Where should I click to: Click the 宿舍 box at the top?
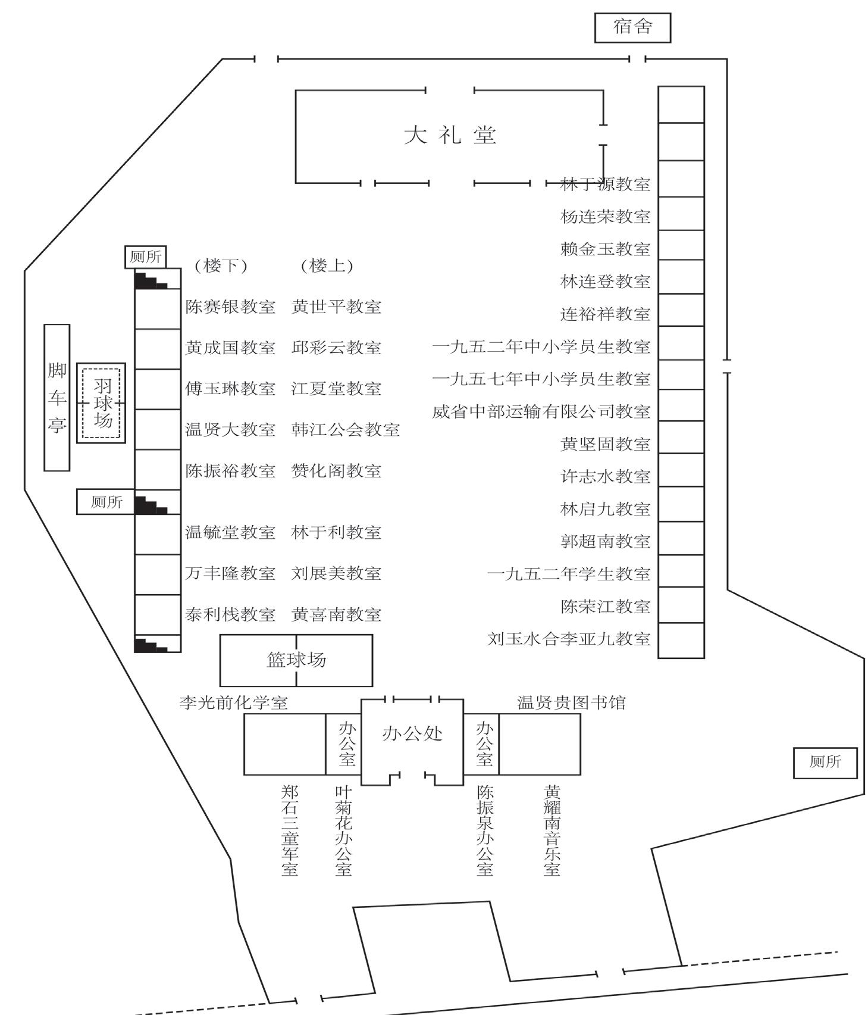[x=632, y=27]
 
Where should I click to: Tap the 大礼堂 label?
[x=450, y=135]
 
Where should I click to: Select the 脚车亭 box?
[x=57, y=397]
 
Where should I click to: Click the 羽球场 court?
[x=102, y=403]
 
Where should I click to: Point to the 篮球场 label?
[x=296, y=660]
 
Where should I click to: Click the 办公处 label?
[x=412, y=733]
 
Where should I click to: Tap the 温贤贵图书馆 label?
[x=571, y=702]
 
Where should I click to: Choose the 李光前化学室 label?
[x=234, y=702]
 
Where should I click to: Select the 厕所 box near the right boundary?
[x=825, y=762]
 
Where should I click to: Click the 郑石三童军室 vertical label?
[x=290, y=830]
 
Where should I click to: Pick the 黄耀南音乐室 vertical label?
[x=551, y=830]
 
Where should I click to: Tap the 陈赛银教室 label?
[x=230, y=307]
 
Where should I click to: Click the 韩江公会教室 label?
[x=345, y=430]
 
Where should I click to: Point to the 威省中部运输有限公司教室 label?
[x=541, y=411]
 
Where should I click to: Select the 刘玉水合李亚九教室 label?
[x=568, y=639]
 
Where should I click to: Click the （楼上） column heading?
[x=327, y=266]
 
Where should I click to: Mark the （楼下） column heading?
[x=221, y=266]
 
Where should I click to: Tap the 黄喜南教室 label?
[x=336, y=614]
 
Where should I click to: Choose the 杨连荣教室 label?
[x=605, y=217]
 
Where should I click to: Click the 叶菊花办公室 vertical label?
[x=344, y=830]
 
